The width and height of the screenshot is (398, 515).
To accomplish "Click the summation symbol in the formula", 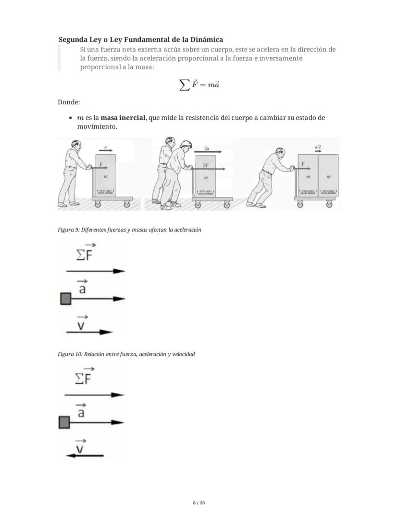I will click(184, 85).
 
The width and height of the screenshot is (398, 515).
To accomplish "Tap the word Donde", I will click(69, 102).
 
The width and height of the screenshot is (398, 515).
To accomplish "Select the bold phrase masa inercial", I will click(123, 118).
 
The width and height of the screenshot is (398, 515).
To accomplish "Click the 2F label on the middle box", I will click(206, 165).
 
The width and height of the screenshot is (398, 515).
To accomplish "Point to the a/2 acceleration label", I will click(318, 147).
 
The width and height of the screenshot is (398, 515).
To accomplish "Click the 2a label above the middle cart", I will click(207, 149).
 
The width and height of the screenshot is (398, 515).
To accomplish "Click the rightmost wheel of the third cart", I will click(329, 204).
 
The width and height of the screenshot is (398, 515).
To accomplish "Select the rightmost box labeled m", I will click(328, 177).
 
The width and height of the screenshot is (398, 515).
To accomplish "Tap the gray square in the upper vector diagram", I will click(66, 299).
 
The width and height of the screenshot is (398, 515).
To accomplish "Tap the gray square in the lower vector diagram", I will click(64, 423).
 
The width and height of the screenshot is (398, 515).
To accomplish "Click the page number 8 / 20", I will click(199, 503).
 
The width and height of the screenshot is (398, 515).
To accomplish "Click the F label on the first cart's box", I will click(100, 164).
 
